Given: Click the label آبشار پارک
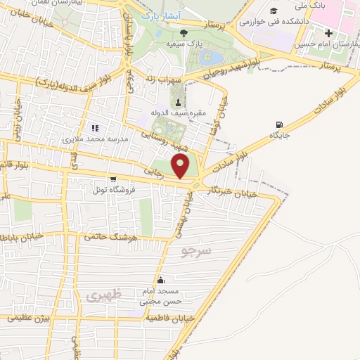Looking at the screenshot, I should (x=160, y=14).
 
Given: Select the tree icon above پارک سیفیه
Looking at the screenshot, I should (x=184, y=32).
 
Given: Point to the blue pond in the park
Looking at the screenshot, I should (x=211, y=57).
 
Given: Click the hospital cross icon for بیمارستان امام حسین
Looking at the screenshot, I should (x=329, y=32).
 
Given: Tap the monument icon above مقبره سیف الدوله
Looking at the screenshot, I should (x=177, y=102).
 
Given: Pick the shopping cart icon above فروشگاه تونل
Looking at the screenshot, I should (x=112, y=179).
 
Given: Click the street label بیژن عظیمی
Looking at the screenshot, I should (x=29, y=318).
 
